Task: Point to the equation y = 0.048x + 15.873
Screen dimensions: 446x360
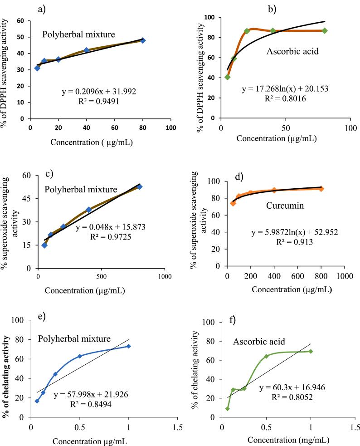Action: coord(107,227)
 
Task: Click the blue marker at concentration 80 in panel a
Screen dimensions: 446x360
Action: coord(143,40)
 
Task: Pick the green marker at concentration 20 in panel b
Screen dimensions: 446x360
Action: coord(247,31)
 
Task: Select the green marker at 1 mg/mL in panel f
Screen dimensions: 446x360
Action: coord(311,351)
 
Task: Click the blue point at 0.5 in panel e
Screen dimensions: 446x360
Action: coord(80,356)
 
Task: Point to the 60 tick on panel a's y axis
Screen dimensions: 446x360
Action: coord(21,21)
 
